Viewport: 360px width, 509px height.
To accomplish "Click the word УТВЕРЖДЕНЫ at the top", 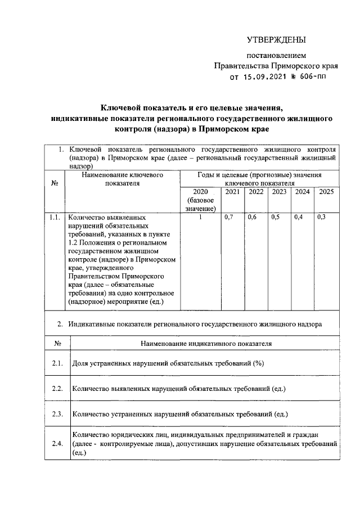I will click(277, 40).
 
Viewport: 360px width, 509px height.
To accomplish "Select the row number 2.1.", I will click(57, 363).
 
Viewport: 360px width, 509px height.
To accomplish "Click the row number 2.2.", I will click(57, 389).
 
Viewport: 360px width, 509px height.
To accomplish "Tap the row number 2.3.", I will click(57, 415).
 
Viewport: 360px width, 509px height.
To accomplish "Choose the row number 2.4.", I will click(57, 444).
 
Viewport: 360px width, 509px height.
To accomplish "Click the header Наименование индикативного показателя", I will click(205, 343).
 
